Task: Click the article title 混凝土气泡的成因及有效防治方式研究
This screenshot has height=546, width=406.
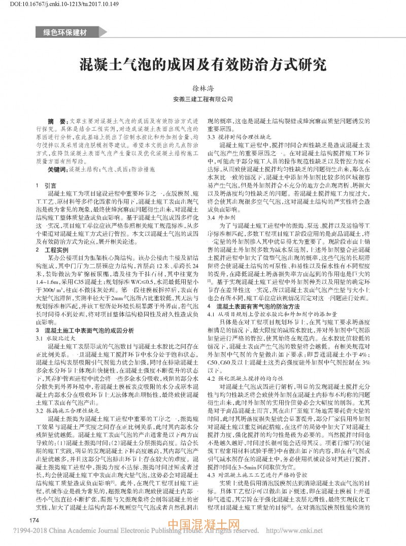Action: (x=202, y=65)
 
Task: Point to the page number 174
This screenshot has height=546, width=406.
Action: (x=35, y=520)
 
